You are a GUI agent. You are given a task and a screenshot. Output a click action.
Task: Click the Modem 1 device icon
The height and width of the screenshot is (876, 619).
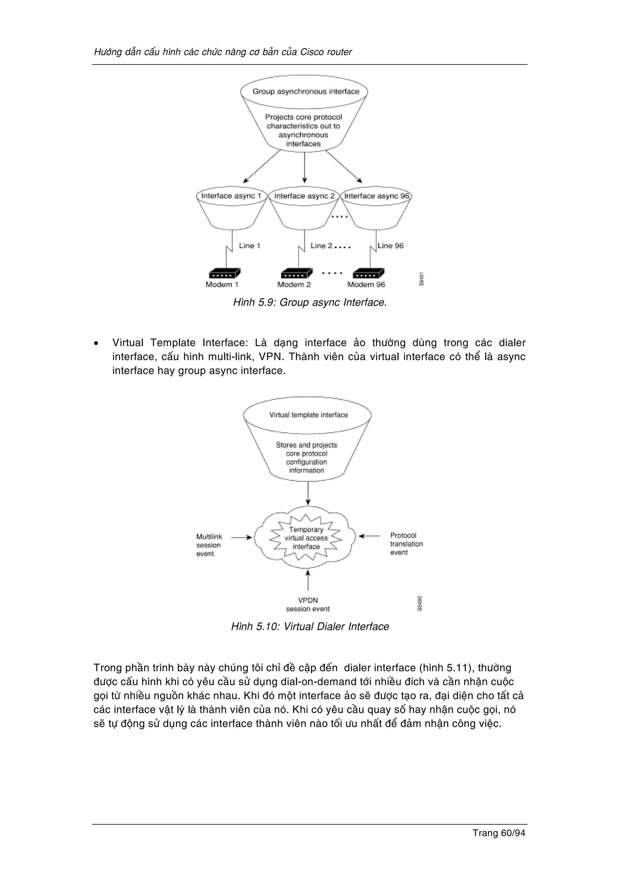[x=225, y=273]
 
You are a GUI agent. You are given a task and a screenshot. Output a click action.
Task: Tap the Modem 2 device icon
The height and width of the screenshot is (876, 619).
[x=296, y=273]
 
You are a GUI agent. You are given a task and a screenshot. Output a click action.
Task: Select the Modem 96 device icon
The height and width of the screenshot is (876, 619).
[x=368, y=273]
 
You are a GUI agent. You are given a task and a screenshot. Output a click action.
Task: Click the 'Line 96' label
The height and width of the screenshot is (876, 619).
[x=391, y=246]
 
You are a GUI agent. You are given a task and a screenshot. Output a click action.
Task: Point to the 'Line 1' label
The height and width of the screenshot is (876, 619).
[x=249, y=246]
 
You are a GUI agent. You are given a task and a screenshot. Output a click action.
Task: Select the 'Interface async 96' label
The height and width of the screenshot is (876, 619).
[x=376, y=196]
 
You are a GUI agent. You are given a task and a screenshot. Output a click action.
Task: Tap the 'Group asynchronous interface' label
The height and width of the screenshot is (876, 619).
[x=306, y=92]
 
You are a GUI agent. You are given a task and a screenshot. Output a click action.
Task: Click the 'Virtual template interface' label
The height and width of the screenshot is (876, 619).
[x=308, y=415]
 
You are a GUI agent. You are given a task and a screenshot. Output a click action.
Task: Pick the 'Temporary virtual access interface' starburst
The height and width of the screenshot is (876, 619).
[x=306, y=538]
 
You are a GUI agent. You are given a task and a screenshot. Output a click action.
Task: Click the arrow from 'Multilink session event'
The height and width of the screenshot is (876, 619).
[x=242, y=537]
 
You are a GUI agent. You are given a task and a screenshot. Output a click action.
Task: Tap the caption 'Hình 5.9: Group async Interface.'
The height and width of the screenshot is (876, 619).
[x=310, y=303]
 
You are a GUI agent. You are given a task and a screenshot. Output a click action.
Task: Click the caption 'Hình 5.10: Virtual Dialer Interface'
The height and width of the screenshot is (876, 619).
[x=310, y=627]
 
